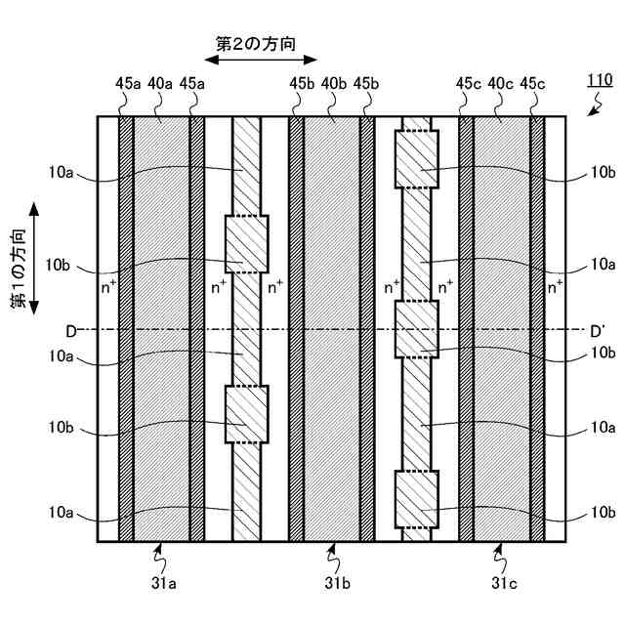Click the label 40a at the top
coord(161,84)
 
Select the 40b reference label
coord(332,84)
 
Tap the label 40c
coord(501,84)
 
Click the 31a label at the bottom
coord(161,583)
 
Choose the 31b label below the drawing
coord(333,583)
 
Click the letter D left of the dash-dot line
coord(70,332)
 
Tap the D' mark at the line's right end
coord(598,332)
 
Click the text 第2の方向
coord(255,43)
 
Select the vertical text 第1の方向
coord(19,271)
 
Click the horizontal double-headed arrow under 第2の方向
coord(255,61)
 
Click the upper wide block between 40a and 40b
coord(246,243)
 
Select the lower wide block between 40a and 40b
coord(246,415)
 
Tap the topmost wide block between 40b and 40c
coord(416,158)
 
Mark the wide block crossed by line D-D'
coord(416,329)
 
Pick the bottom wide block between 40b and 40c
coord(416,499)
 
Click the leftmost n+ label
coord(109,287)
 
